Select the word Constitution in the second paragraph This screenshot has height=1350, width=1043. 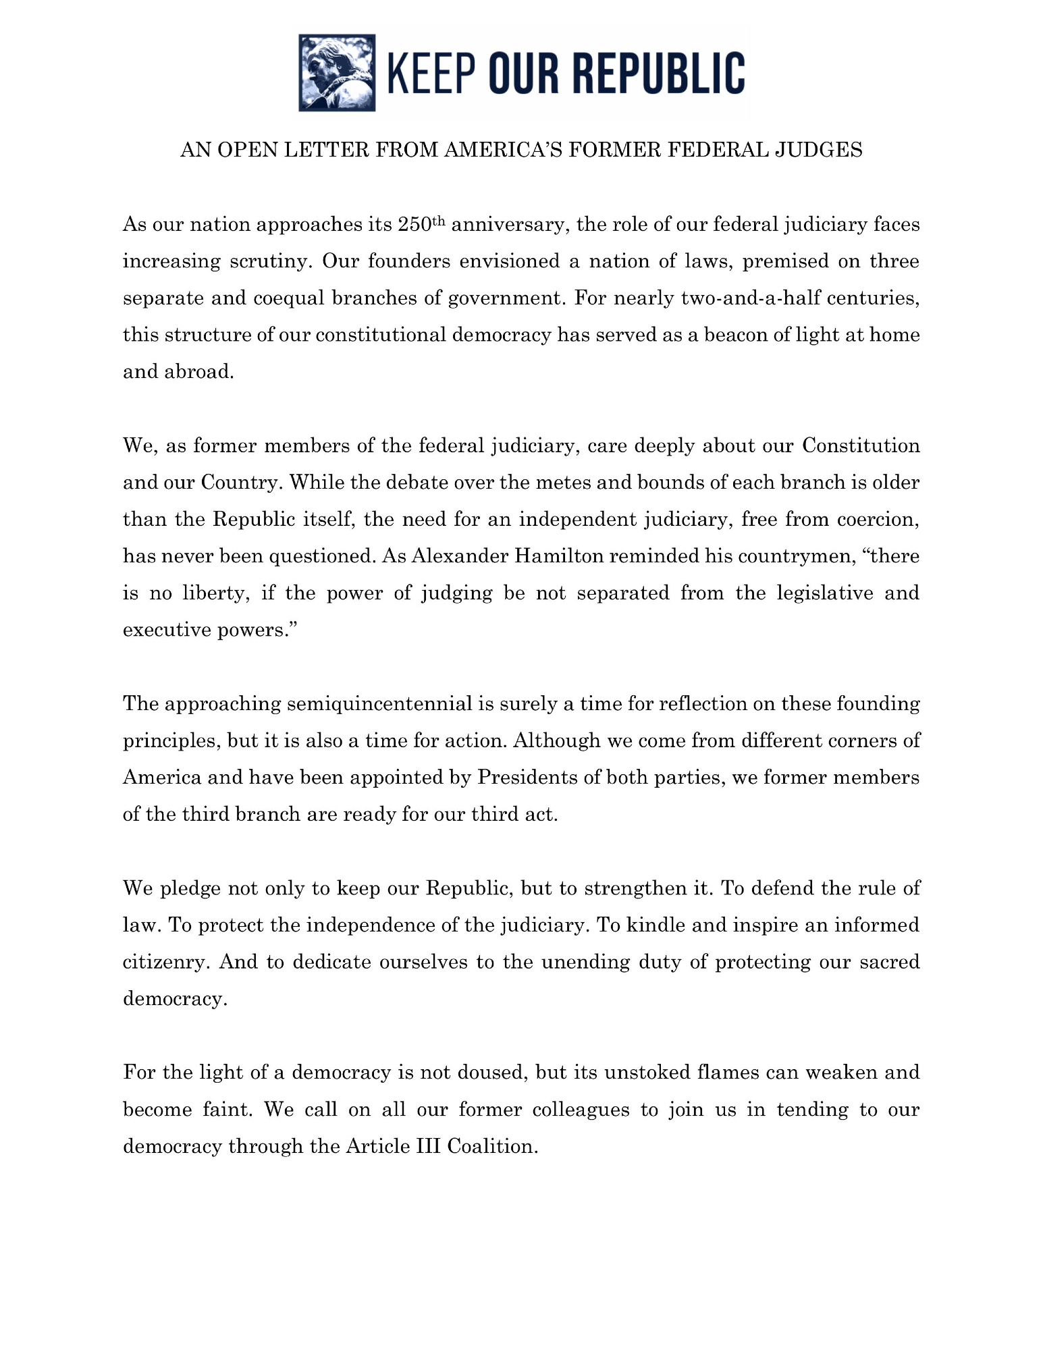click(x=861, y=446)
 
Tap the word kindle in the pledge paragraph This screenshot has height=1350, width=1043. click(x=656, y=925)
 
